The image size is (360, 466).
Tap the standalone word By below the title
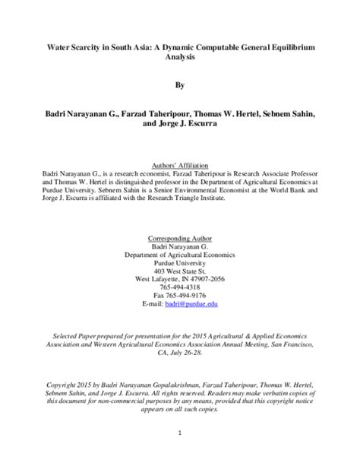[x=180, y=87]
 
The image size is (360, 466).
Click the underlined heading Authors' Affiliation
[x=180, y=165]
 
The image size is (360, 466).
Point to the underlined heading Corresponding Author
[x=180, y=237]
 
